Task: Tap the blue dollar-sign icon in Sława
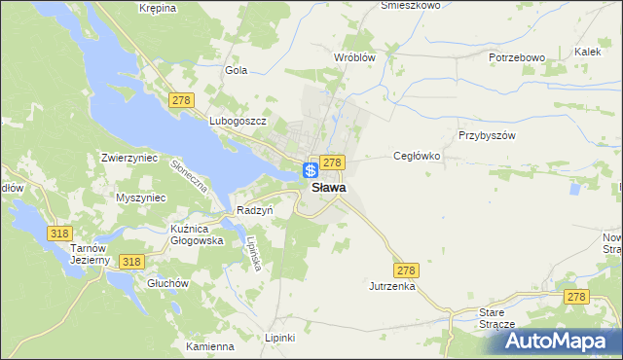point(310,170)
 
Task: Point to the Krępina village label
point(157,8)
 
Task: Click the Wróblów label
point(354,57)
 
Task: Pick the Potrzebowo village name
point(516,57)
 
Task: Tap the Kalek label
point(587,51)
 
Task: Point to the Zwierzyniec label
point(129,156)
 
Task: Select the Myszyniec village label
point(141,198)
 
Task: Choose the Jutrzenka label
point(392,287)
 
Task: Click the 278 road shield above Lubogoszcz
point(181,100)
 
